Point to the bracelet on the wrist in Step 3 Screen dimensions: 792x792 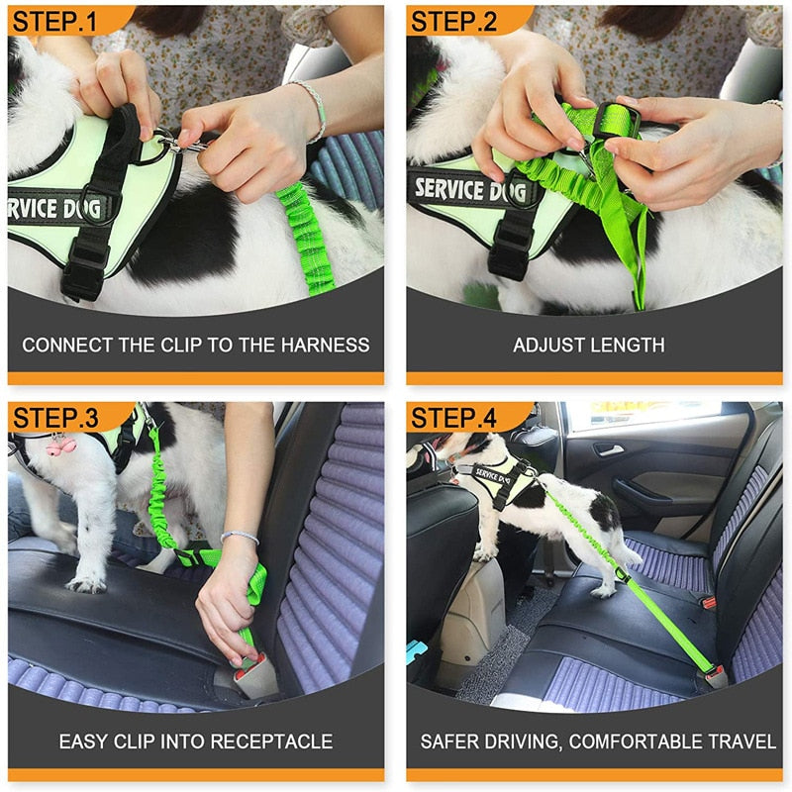coord(240,538)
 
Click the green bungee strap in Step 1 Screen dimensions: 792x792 coord(303,238)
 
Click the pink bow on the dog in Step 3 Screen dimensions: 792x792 coord(59,445)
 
